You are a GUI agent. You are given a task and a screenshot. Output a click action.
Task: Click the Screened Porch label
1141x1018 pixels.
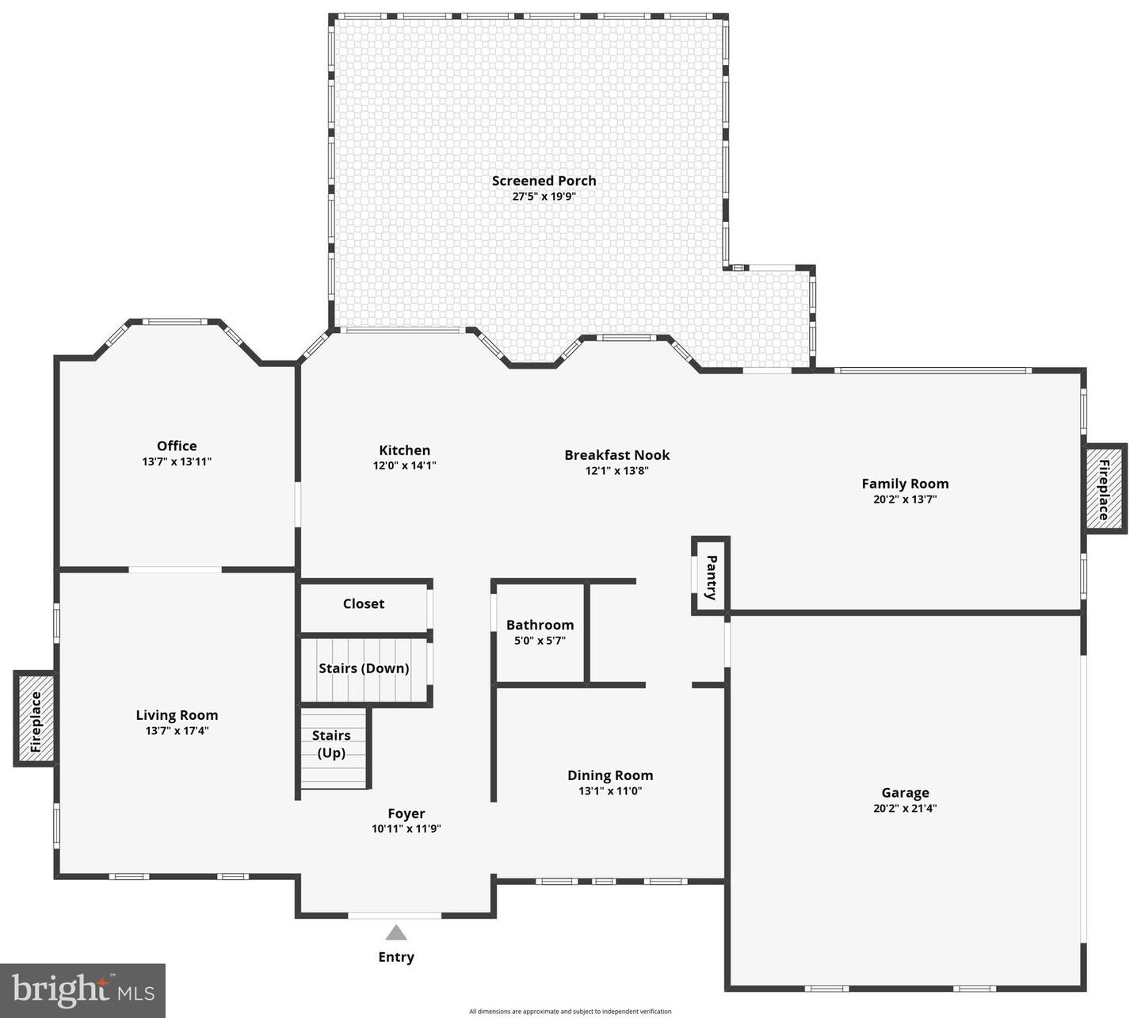544,181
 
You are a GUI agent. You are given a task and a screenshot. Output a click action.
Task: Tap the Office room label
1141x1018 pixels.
177,446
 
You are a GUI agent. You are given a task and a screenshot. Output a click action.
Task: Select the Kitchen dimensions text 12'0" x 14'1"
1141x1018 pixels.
404,466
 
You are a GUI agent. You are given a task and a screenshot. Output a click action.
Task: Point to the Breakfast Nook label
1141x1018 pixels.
616,455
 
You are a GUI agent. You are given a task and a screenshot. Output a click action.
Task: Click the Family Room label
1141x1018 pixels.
905,484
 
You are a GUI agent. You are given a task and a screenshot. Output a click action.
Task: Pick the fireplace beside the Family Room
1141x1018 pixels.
1105,490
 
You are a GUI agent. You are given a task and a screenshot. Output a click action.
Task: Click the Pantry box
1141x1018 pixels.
711,576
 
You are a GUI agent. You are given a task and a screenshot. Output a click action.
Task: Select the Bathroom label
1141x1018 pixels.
540,626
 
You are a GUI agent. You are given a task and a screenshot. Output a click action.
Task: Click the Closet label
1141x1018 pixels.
364,604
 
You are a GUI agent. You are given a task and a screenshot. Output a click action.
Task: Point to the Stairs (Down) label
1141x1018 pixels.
364,668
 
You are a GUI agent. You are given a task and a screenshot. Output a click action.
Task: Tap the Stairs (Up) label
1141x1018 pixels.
331,744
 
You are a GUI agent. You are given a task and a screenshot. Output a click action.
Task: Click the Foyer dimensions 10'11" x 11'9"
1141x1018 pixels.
406,829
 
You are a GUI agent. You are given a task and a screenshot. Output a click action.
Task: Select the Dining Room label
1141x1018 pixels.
610,775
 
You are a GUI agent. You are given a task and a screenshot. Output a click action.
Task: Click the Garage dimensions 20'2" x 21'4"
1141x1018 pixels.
905,809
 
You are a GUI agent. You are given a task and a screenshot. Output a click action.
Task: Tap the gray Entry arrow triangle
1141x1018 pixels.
396,933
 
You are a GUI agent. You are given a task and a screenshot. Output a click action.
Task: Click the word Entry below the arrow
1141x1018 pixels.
396,957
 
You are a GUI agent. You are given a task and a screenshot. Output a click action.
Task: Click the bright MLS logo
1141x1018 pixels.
82,990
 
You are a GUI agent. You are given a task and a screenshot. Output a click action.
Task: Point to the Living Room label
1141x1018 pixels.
177,715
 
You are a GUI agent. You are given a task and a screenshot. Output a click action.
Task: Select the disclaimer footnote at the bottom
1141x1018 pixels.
570,1012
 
